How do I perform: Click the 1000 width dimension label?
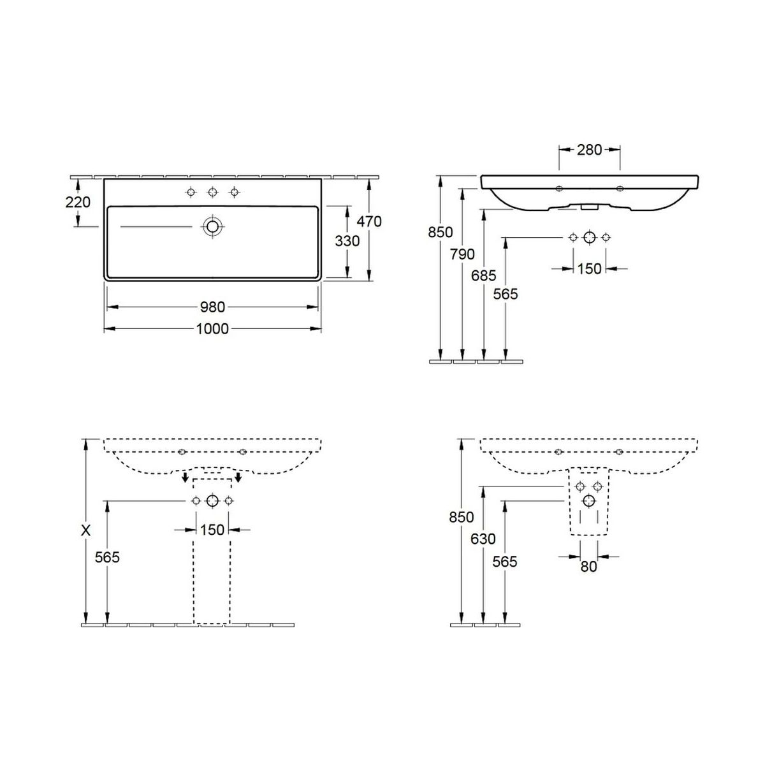pyautogui.click(x=212, y=329)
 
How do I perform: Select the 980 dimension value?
pyautogui.click(x=212, y=307)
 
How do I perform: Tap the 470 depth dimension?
pyautogui.click(x=369, y=221)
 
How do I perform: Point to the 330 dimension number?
pyautogui.click(x=347, y=241)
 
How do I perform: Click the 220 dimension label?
pyautogui.click(x=78, y=203)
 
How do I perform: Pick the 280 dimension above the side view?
pyautogui.click(x=590, y=150)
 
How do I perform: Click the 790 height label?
pyautogui.click(x=462, y=254)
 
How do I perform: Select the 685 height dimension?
pyautogui.click(x=483, y=275)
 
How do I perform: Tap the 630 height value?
pyautogui.click(x=483, y=539)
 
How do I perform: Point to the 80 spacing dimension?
pyautogui.click(x=588, y=567)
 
